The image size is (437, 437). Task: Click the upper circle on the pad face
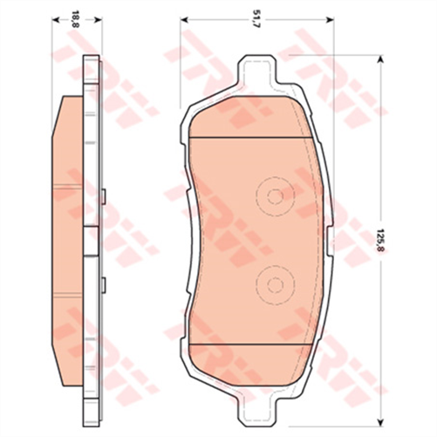coord(275,196)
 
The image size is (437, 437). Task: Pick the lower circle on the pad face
coord(275,283)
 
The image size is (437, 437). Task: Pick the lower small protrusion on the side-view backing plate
coord(103,283)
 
